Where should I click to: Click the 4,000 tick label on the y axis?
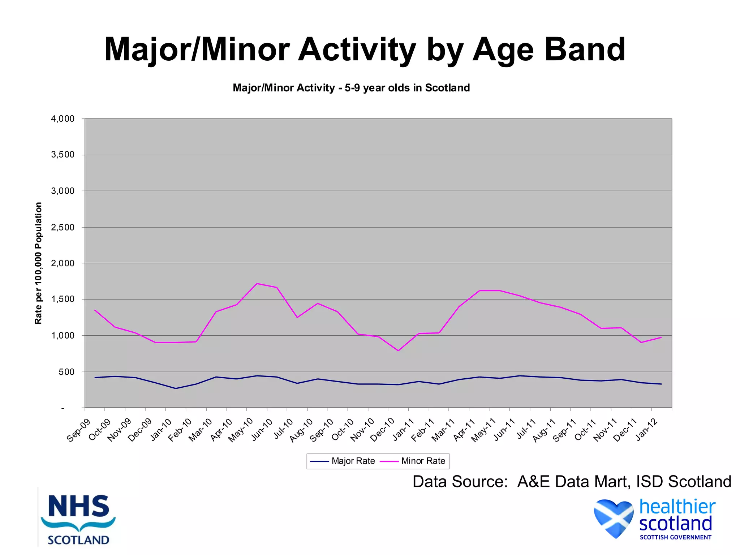(63, 119)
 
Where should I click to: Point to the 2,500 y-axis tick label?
(63, 227)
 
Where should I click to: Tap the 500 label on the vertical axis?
(66, 372)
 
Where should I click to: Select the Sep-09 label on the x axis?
(78, 430)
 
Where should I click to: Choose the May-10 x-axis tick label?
(241, 430)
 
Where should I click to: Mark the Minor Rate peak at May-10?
(257, 284)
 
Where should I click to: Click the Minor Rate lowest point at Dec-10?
(398, 350)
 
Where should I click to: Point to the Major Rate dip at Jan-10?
(176, 388)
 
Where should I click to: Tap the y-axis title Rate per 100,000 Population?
(38, 263)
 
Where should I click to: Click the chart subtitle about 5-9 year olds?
(351, 88)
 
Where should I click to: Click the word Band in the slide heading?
(585, 50)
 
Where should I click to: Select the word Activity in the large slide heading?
(357, 50)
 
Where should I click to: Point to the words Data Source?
(460, 482)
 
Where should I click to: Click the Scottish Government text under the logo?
(675, 537)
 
